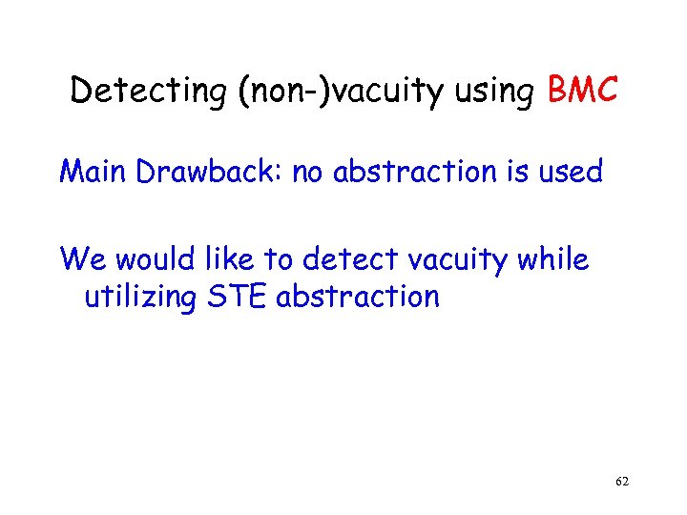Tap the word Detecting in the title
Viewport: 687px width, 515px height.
click(x=131, y=92)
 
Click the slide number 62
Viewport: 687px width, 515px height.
click(x=622, y=483)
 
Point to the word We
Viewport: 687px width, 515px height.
click(x=77, y=258)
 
